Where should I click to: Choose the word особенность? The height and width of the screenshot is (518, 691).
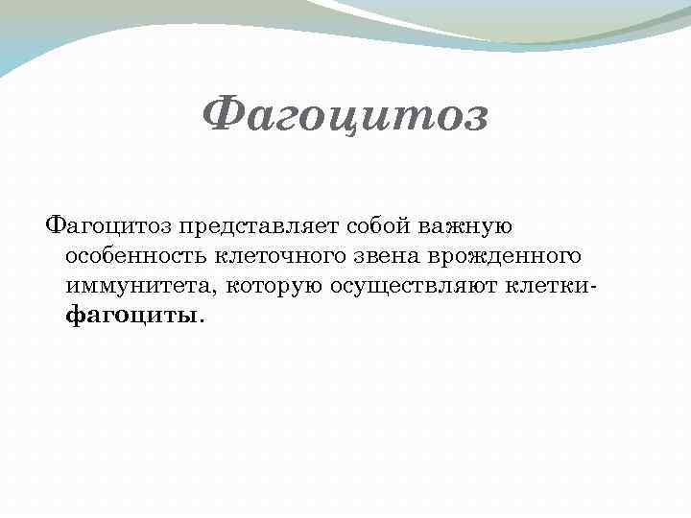coord(136,256)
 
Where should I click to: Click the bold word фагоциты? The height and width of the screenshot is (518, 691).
coord(131,315)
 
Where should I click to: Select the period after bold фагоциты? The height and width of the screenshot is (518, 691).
coord(202,320)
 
